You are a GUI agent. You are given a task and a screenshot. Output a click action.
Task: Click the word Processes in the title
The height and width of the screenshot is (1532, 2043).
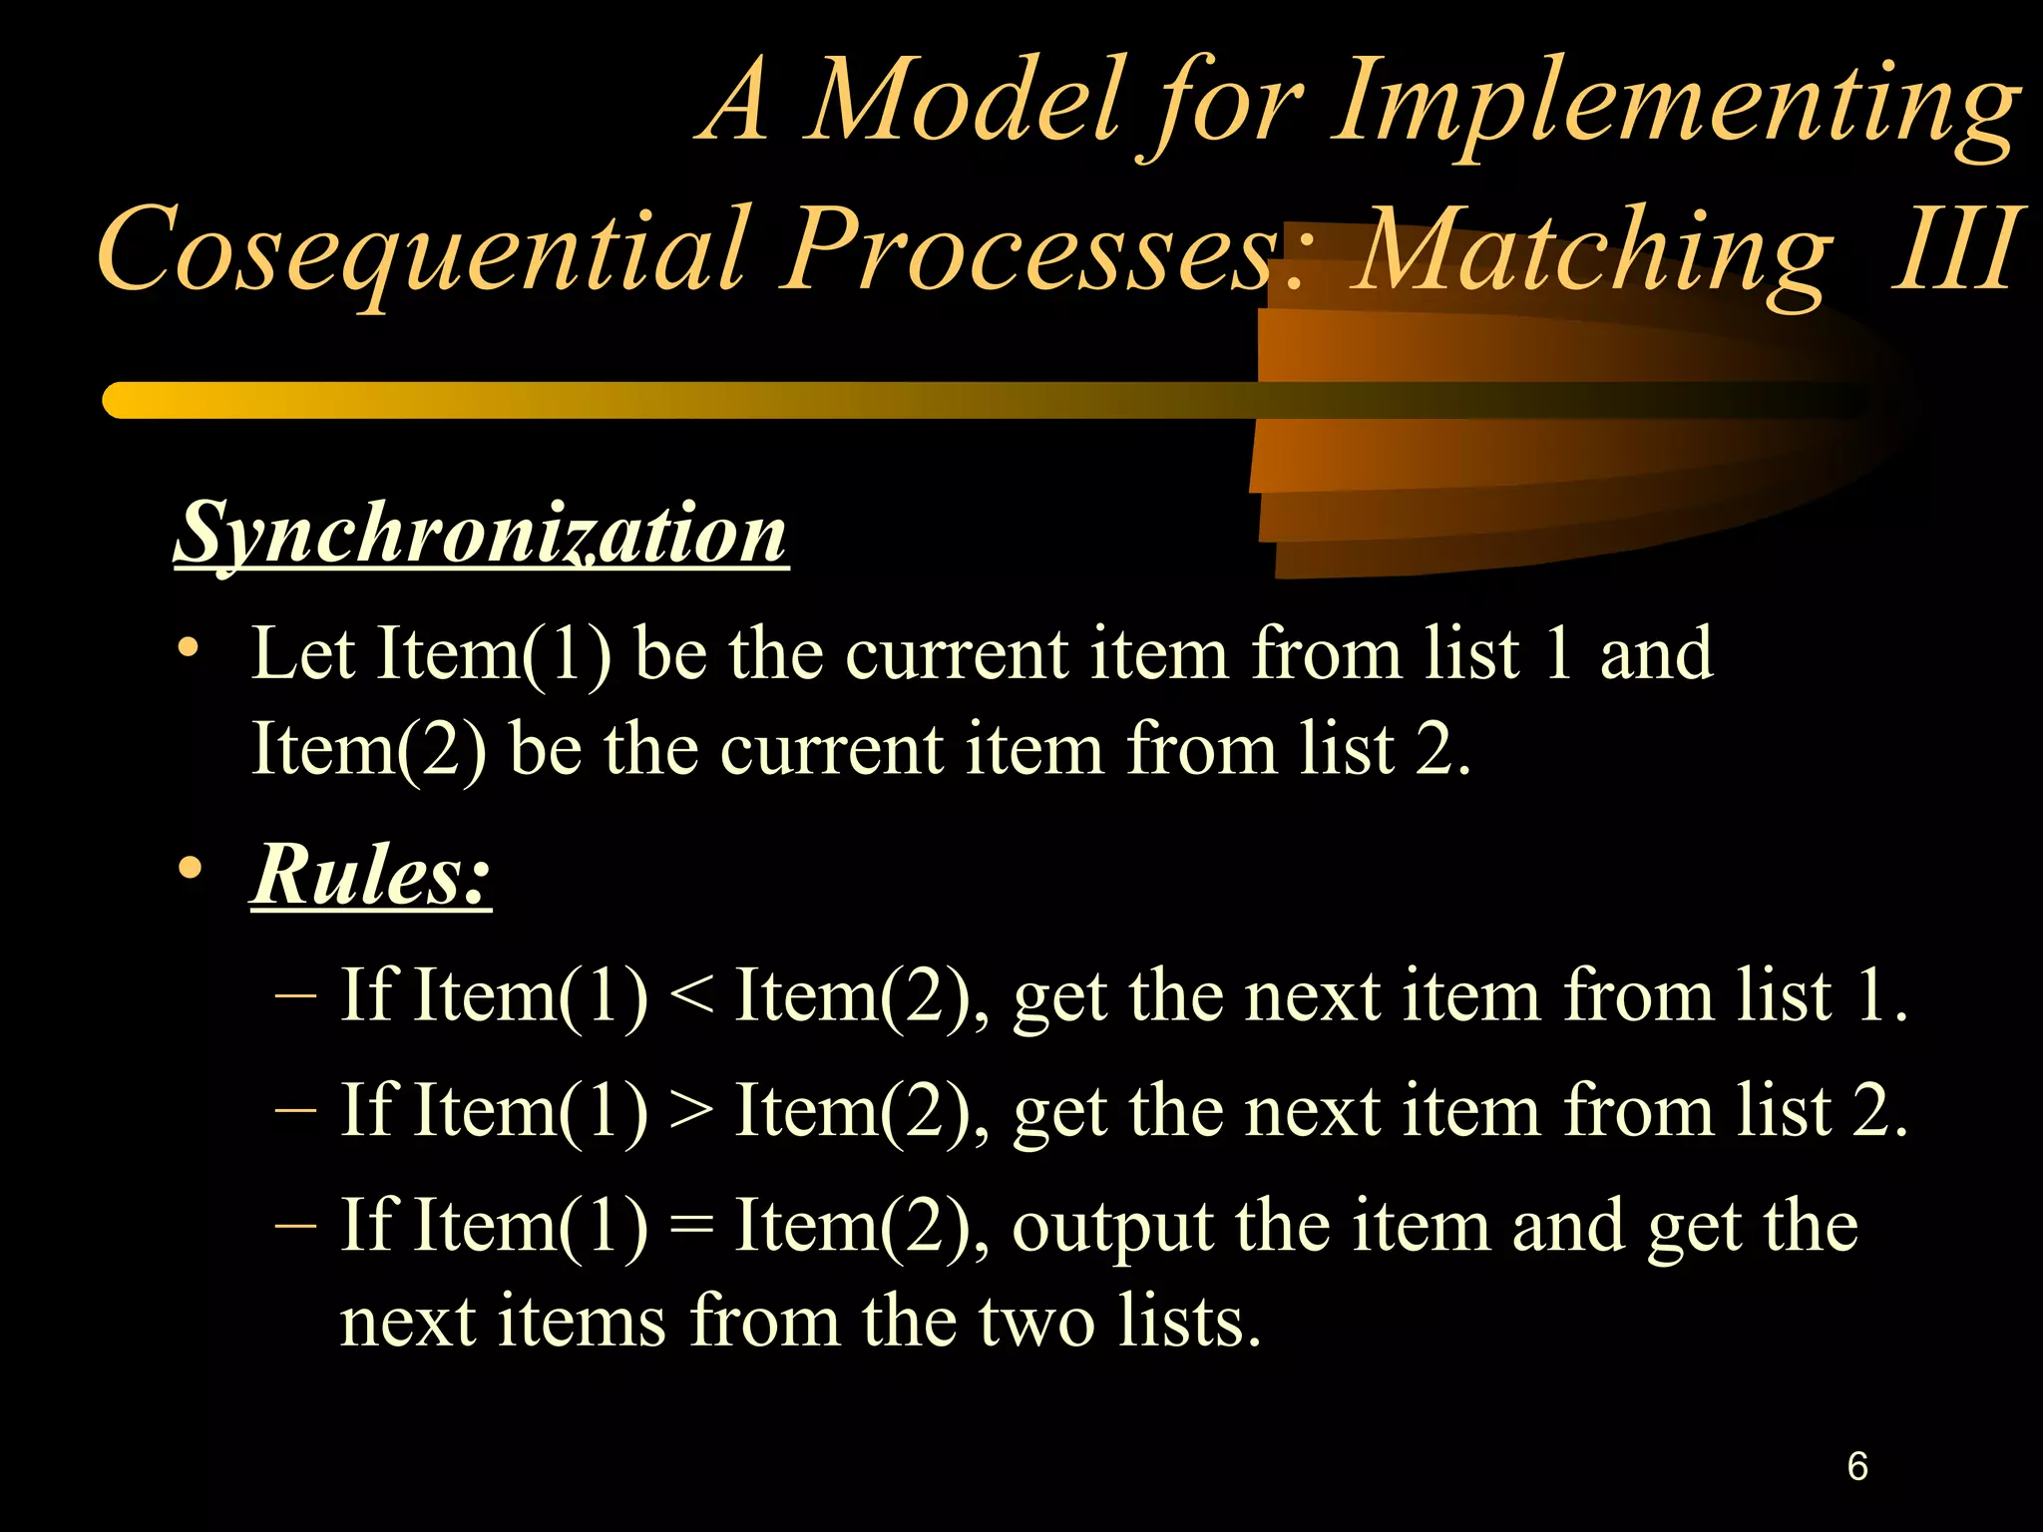click(1031, 249)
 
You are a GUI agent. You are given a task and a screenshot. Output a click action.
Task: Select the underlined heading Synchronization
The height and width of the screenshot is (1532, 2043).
click(481, 535)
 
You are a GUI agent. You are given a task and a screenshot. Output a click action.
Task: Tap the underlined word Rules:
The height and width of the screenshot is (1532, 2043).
click(371, 876)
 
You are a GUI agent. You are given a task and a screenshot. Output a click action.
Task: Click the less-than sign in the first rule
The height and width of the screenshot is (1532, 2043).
click(691, 996)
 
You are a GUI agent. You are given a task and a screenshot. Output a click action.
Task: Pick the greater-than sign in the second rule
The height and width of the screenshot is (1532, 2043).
click(691, 1111)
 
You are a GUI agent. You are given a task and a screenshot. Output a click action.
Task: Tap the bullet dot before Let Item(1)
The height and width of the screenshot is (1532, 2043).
click(188, 648)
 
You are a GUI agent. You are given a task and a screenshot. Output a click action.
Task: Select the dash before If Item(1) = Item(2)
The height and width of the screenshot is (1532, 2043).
click(295, 1225)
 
